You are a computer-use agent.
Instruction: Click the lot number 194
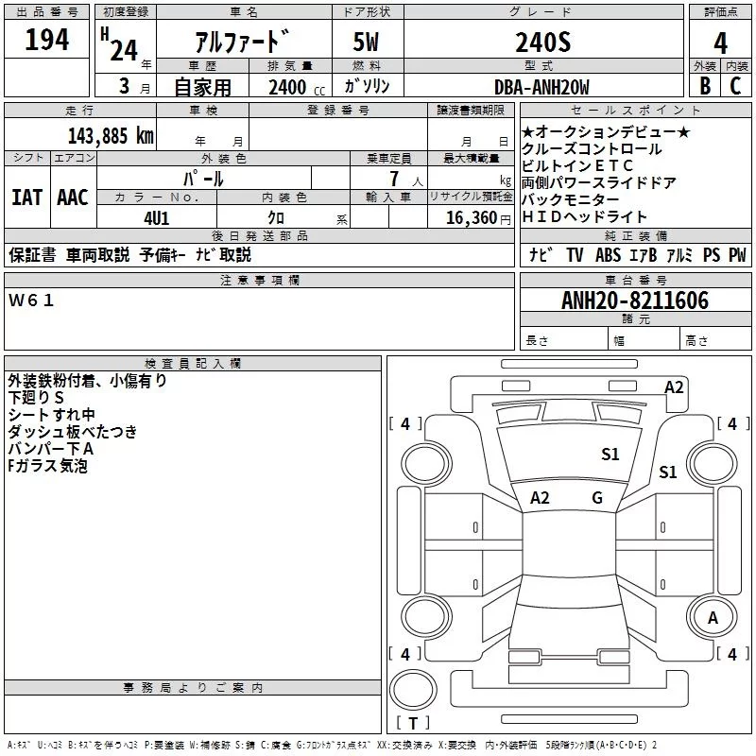[46, 39]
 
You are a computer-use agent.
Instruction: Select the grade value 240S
[542, 42]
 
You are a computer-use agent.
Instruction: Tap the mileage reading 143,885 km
[111, 136]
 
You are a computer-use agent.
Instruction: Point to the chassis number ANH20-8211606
[635, 301]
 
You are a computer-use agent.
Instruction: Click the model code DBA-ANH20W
[541, 87]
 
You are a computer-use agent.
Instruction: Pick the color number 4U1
[157, 218]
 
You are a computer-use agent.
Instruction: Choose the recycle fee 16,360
[472, 218]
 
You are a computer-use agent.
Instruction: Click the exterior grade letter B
[705, 86]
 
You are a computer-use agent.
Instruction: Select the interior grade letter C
[735, 86]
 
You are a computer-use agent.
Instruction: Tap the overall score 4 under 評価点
[720, 43]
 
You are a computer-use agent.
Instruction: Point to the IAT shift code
[26, 198]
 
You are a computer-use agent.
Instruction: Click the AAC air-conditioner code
[73, 198]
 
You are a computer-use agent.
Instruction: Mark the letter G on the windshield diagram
[597, 497]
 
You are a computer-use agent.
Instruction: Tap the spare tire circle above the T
[413, 671]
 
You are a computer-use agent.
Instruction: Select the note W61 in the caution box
[31, 301]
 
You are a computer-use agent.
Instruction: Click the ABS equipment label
[608, 254]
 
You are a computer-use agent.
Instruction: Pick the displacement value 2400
[287, 87]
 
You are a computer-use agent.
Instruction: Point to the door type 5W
[366, 42]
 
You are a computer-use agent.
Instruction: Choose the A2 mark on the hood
[540, 497]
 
